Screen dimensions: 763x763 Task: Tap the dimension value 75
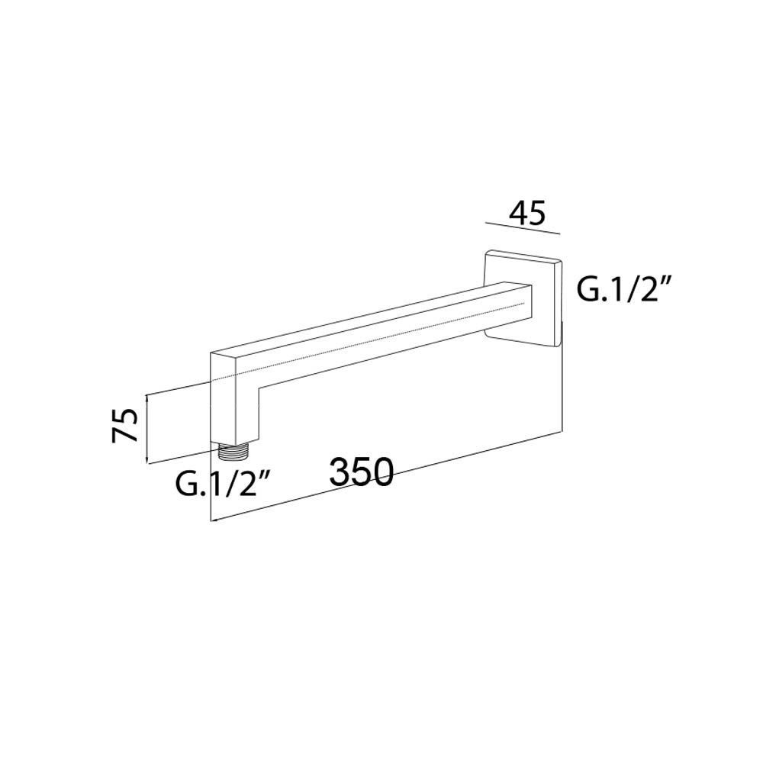(125, 425)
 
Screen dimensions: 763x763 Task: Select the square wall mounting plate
(523, 299)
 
